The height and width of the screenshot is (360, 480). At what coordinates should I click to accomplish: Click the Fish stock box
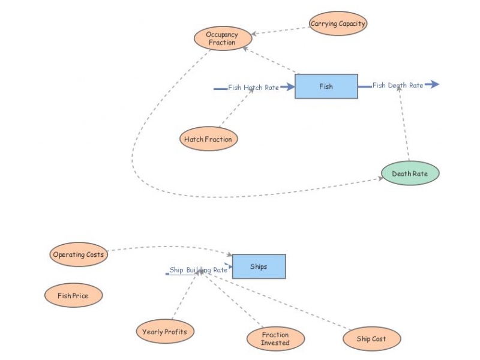pyautogui.click(x=326, y=86)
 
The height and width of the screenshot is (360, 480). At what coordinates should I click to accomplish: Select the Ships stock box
pyautogui.click(x=259, y=266)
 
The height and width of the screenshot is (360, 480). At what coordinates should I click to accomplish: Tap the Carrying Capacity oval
pyautogui.click(x=338, y=24)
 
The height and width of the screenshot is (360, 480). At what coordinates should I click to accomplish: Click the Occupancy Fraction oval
pyautogui.click(x=222, y=38)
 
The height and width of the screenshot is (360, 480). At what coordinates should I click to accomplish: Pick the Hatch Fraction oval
pyautogui.click(x=208, y=139)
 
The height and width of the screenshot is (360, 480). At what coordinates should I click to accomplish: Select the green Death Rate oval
pyautogui.click(x=410, y=173)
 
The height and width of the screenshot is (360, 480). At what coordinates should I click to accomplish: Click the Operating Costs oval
pyautogui.click(x=78, y=254)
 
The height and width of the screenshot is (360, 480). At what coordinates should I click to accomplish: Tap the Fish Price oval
pyautogui.click(x=73, y=296)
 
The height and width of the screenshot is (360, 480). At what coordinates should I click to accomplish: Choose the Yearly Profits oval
pyautogui.click(x=164, y=332)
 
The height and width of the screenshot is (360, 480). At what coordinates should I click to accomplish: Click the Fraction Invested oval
pyautogui.click(x=275, y=339)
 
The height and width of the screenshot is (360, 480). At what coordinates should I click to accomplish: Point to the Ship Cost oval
pyautogui.click(x=371, y=339)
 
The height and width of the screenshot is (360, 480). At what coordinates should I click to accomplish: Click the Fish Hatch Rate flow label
pyautogui.click(x=253, y=88)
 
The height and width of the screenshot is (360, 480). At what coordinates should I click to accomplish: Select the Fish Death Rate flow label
pyautogui.click(x=397, y=85)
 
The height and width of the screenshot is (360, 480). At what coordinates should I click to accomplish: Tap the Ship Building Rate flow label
pyautogui.click(x=198, y=270)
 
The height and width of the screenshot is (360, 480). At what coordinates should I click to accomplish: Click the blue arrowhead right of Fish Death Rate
pyautogui.click(x=433, y=85)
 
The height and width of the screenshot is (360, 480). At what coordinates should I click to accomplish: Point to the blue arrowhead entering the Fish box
pyautogui.click(x=288, y=87)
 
